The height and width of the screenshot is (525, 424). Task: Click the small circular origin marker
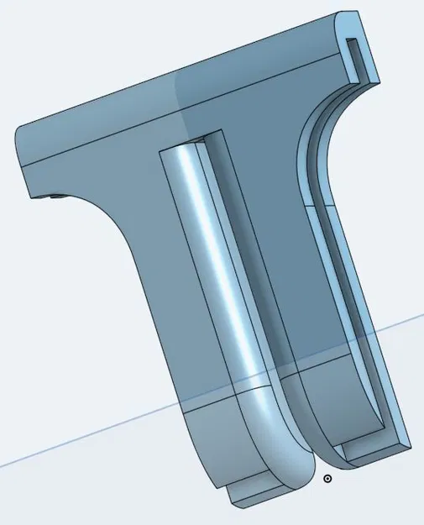pos(327,479)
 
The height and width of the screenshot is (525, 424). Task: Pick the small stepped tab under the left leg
pos(252,494)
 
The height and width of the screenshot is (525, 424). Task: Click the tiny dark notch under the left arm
pos(56,197)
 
